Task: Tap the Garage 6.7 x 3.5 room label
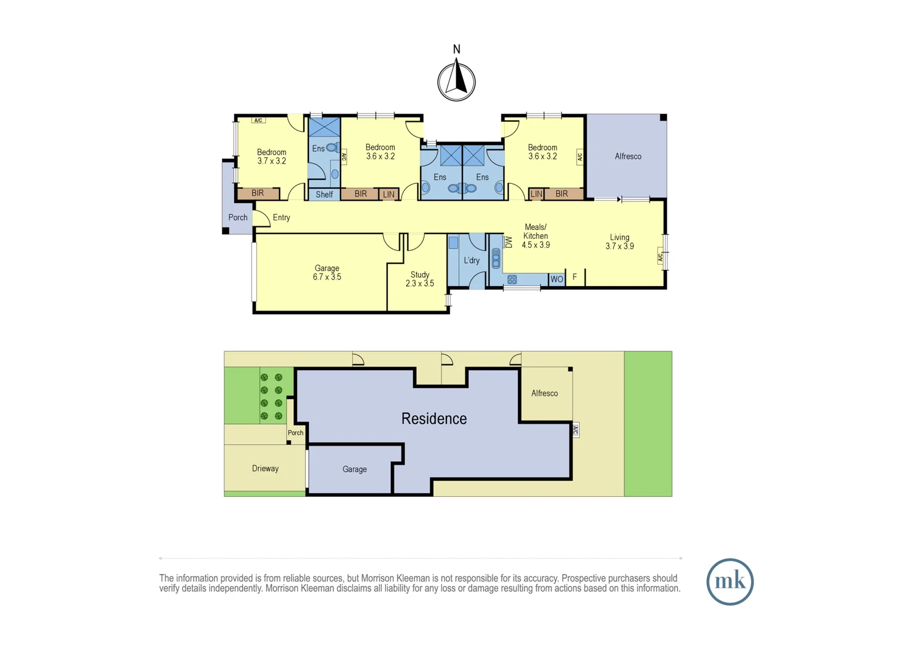(327, 273)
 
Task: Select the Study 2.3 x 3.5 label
(419, 279)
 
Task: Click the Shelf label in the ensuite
(324, 195)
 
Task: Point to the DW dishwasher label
(509, 242)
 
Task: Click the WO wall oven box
(557, 279)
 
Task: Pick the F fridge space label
(575, 277)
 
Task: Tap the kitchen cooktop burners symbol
(512, 279)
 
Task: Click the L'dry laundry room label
(471, 260)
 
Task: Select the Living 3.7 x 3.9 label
(620, 242)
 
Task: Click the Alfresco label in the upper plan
(628, 156)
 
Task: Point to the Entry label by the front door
(281, 217)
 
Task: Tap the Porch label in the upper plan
(238, 217)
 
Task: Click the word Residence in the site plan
(434, 419)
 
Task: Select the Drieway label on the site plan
(265, 469)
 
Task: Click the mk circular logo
(730, 582)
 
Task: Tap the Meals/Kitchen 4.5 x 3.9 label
(535, 236)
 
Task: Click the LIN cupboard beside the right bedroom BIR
(537, 194)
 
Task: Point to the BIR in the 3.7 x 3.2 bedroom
(258, 193)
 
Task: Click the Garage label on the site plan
(354, 469)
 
